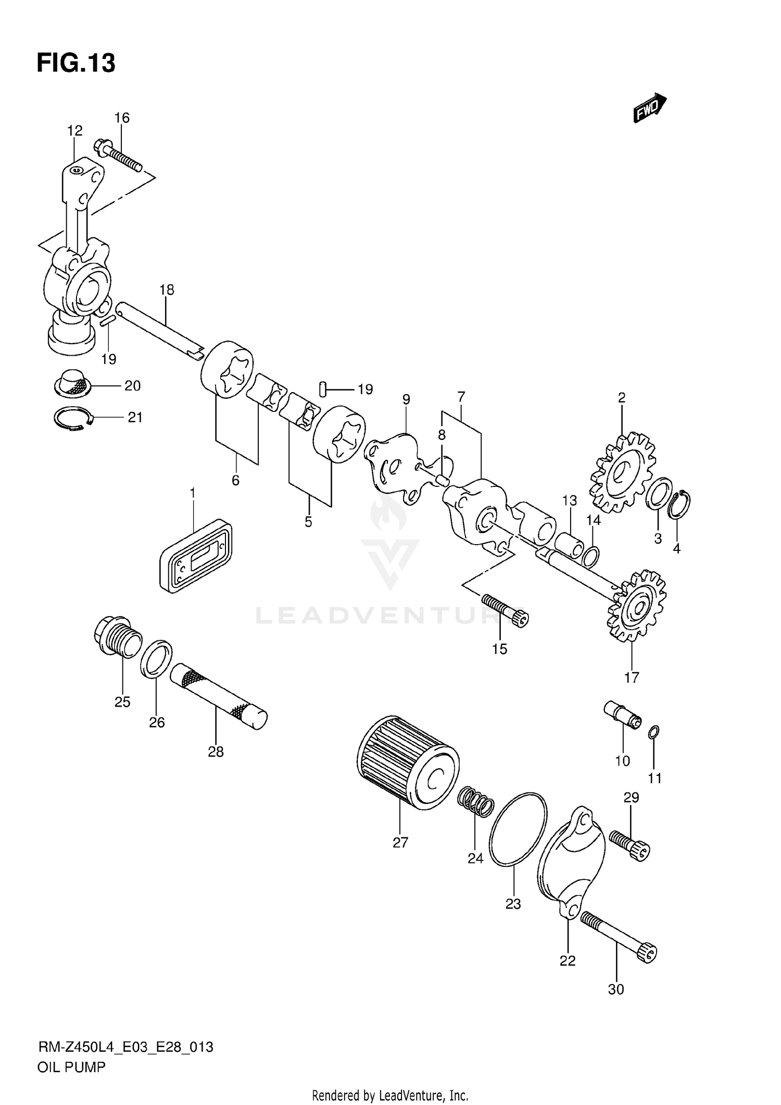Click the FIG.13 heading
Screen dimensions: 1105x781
pyautogui.click(x=76, y=64)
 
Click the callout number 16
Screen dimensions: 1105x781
pyautogui.click(x=122, y=118)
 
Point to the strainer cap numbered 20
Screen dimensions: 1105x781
pyautogui.click(x=73, y=383)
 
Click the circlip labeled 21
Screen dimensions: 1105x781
pyautogui.click(x=73, y=418)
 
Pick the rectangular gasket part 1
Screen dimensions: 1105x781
pyautogui.click(x=195, y=555)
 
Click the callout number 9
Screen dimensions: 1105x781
pyautogui.click(x=406, y=399)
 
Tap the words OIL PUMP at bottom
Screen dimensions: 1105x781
pyautogui.click(x=71, y=1067)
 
